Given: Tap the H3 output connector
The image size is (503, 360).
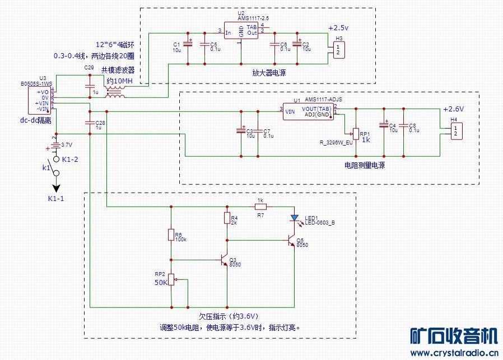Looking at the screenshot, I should [338, 49].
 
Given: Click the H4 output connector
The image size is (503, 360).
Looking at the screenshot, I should [455, 132].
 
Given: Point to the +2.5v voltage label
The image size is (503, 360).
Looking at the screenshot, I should [338, 28].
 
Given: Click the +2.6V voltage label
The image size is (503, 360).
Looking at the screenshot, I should [453, 109].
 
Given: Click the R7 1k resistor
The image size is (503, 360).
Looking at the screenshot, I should [260, 206].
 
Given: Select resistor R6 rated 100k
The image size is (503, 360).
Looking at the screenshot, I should [171, 235].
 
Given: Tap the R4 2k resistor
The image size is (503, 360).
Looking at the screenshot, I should [227, 217].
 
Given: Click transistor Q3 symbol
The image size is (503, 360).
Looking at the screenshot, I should [225, 260].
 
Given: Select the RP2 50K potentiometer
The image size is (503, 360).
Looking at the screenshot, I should [171, 279].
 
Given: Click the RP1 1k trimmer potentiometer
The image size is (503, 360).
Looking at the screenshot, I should [356, 133].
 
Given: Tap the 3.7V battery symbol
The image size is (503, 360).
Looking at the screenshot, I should [55, 146].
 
